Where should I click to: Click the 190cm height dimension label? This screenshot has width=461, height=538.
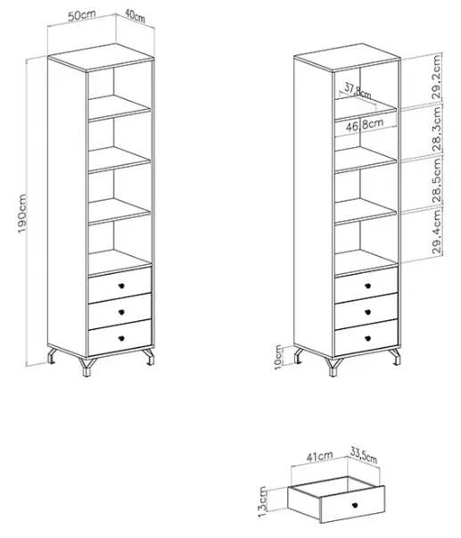point(22,213)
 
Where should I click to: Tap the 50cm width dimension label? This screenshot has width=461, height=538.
point(82,15)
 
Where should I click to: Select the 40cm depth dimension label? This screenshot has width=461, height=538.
point(135,16)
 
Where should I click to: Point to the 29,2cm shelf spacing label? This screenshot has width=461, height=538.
point(437,78)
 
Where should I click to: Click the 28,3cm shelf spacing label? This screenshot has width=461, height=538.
point(437,128)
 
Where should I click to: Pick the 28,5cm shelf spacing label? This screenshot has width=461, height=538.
point(437,180)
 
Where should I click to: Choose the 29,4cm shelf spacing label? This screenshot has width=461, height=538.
point(437,232)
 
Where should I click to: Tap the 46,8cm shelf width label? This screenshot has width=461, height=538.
point(365,125)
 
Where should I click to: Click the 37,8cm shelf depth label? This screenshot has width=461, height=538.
point(358,91)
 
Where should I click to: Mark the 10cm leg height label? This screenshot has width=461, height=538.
point(278,357)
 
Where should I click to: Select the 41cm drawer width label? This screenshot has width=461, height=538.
point(320,456)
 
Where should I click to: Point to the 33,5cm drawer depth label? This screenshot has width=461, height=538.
point(364,455)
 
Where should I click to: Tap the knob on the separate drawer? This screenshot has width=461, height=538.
point(355,504)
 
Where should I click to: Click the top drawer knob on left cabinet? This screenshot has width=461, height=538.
point(121,286)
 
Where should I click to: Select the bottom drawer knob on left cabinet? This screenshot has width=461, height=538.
point(121,339)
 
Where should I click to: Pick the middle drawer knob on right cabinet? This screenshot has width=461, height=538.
point(367,312)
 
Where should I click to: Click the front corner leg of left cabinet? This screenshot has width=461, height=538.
point(86,367)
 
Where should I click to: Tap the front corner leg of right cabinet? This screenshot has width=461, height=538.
point(333,367)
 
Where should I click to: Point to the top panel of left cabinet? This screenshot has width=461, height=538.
point(101,57)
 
